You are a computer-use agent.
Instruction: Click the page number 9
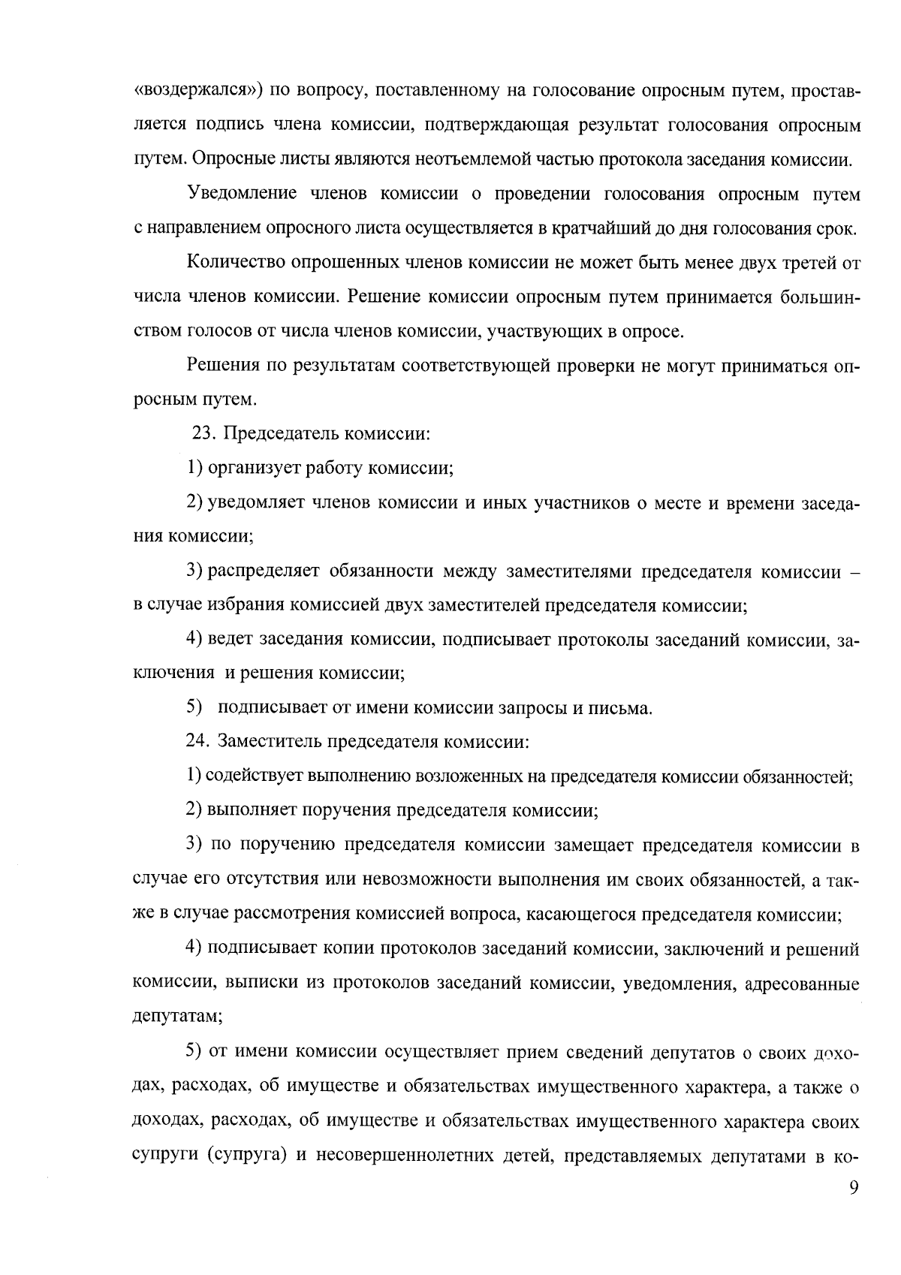(x=852, y=1188)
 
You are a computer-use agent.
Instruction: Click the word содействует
(x=254, y=776)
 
